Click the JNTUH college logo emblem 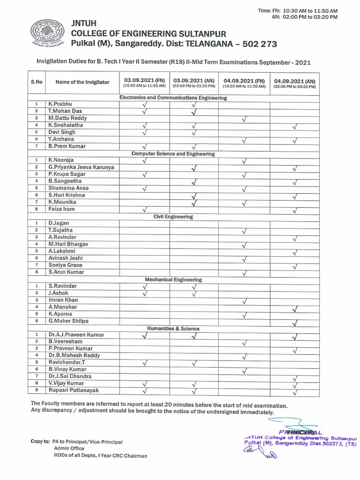[x=48, y=33]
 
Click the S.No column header [x=37, y=82]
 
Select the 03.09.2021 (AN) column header [x=194, y=82]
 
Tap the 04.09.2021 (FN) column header [x=244, y=82]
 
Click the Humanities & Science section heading [x=173, y=329]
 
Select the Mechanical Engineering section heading [x=173, y=279]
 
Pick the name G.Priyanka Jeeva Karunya [x=81, y=167]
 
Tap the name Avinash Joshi [x=66, y=258]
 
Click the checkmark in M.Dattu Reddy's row [x=244, y=120]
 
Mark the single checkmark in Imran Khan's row [x=244, y=301]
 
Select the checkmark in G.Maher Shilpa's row [x=294, y=322]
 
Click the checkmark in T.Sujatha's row [x=244, y=231]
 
